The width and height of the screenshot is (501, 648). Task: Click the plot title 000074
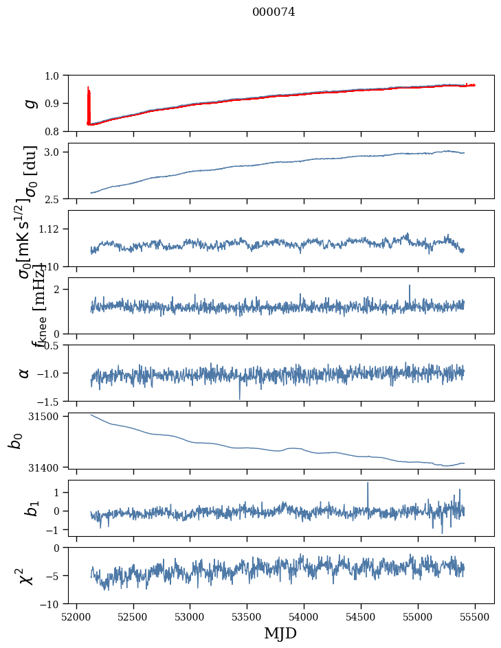(x=274, y=12)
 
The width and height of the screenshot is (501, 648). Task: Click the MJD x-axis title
(x=280, y=633)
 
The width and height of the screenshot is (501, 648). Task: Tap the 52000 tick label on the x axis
(x=76, y=616)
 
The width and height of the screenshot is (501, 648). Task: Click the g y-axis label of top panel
(x=30, y=103)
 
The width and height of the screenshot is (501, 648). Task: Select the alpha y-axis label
(x=25, y=373)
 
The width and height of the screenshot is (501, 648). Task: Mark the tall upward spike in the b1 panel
(x=368, y=484)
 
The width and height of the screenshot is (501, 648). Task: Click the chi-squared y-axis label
(x=27, y=576)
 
